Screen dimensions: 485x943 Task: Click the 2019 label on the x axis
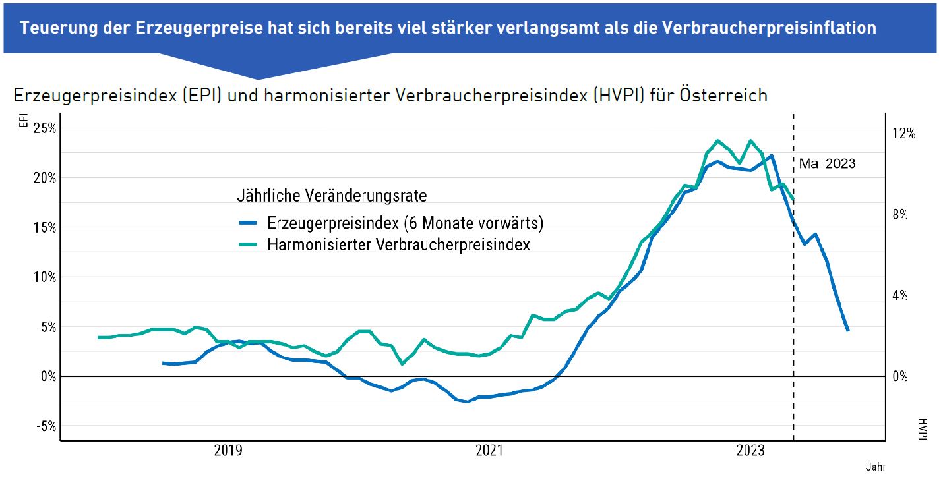coord(228,451)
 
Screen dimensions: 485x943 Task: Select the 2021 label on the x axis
coord(489,451)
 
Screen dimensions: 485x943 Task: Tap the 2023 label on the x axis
coord(750,451)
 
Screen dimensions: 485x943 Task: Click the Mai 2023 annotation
coord(827,163)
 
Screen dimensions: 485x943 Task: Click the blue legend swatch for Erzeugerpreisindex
coord(250,223)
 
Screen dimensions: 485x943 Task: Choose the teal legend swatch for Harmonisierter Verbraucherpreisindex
coord(250,245)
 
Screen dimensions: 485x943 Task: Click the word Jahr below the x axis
coord(875,467)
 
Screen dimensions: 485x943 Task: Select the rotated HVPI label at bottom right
coord(923,427)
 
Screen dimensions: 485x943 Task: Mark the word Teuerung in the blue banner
coord(54,28)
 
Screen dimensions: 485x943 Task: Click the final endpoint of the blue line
coord(848,331)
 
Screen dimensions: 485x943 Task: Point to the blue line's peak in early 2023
coord(772,156)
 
